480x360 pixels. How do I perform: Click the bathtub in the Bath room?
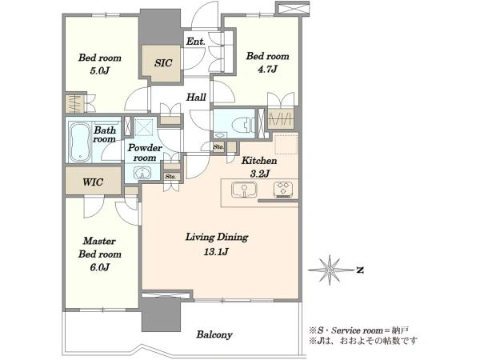coord(80,142)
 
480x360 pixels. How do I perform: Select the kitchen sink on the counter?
coord(244,190)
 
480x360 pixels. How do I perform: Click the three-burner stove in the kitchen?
coord(283,190)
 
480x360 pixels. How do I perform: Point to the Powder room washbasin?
coord(142,174)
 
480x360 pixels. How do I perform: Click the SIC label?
coord(163,63)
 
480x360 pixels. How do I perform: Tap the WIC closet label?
coord(93,182)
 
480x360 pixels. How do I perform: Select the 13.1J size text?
coord(217,252)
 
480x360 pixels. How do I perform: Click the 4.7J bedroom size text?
coord(267,69)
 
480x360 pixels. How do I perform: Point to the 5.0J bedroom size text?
coord(99,70)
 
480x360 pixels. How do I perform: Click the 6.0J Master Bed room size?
coord(99,267)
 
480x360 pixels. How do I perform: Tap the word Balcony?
coord(214,334)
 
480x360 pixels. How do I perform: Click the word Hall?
coord(196,98)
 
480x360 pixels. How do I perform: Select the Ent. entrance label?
coord(196,42)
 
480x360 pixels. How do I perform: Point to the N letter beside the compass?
coord(360,270)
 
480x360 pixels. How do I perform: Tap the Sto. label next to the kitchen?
coord(218,147)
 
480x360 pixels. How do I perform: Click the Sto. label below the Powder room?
coord(170,177)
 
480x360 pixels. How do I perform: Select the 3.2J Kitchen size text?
coord(259,174)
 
